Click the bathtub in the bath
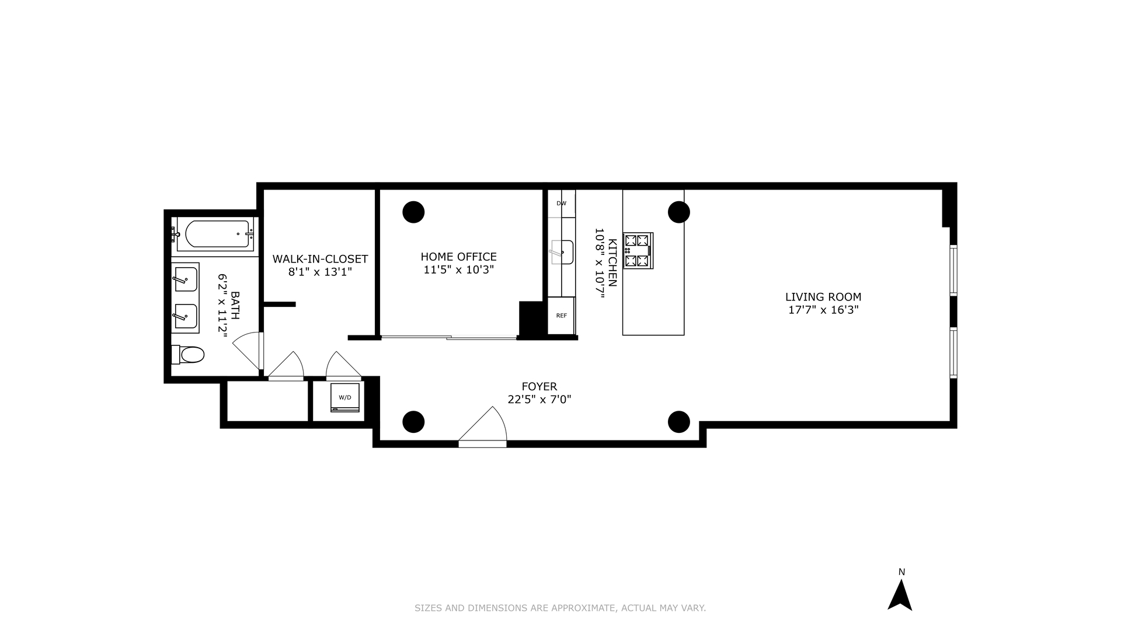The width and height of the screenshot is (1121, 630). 214,235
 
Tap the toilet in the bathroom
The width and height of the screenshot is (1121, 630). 189,354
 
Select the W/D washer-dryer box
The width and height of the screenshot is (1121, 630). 345,397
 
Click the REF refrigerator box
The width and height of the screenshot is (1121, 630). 561,316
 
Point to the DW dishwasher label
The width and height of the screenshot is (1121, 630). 561,204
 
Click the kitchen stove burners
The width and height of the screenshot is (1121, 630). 638,250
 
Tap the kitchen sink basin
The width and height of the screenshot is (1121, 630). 562,252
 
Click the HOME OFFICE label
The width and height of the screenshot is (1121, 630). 458,257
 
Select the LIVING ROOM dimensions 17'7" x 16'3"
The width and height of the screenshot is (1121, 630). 823,310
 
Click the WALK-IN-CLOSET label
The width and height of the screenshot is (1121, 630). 320,258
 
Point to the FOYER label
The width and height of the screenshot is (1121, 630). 539,386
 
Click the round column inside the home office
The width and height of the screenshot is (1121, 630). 413,212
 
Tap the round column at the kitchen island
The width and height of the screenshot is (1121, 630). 678,212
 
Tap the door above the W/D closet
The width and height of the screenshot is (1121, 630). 343,366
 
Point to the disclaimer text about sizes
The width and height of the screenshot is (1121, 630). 560,608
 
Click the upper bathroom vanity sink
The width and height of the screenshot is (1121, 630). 186,279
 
